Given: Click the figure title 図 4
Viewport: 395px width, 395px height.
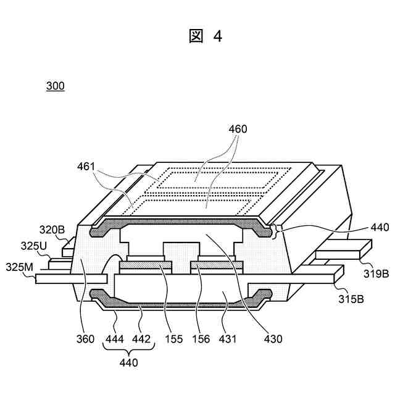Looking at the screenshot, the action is coord(205,36).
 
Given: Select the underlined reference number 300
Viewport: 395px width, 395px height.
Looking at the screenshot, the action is coord(55,86).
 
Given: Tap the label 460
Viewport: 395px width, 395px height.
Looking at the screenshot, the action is coord(237,129).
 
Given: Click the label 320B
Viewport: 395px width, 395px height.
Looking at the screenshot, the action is coord(52,231).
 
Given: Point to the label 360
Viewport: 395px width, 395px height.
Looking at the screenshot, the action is coord(85,338).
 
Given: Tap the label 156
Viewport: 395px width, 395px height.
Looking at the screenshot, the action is coord(201,338).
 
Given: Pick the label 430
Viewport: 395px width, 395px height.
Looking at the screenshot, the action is coord(272,338).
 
